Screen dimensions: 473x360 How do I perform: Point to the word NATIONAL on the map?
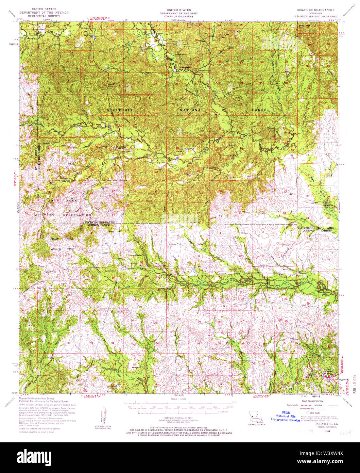pos(192,110)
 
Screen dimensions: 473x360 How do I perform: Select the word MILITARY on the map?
pos(44,215)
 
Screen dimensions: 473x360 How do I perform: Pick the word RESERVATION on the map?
pos(77,215)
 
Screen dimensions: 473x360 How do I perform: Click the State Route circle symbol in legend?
pos(308,412)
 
